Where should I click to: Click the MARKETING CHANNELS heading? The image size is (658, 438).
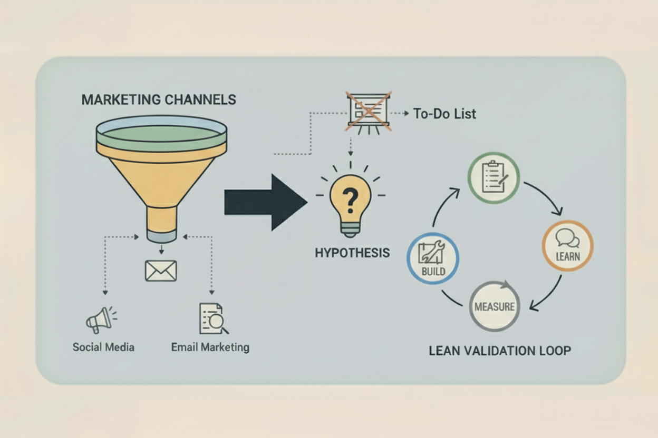[159, 99]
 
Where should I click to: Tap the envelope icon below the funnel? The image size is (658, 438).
[161, 271]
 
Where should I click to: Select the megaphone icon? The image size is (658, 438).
[100, 319]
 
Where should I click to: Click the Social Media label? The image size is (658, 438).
[103, 347]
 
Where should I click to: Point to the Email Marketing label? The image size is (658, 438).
[210, 347]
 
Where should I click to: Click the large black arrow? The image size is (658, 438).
[265, 202]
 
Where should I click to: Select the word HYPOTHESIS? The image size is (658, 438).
[352, 253]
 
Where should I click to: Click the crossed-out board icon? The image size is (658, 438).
[369, 111]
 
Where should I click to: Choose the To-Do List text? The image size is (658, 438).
[444, 114]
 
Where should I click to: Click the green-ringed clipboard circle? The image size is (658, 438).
[494, 178]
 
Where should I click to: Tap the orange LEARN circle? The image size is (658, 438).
[567, 245]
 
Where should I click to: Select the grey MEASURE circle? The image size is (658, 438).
[495, 306]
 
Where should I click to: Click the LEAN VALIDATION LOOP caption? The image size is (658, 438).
[500, 350]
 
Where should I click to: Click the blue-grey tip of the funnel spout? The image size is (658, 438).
[161, 235]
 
